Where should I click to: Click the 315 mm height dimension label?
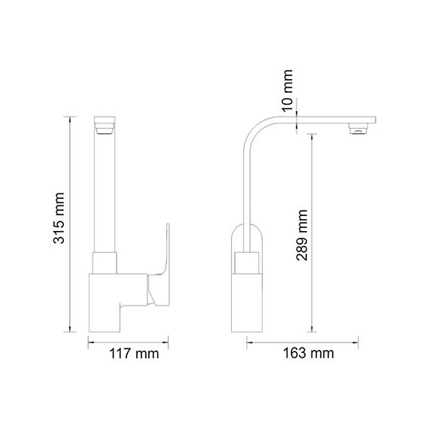(x=59, y=218)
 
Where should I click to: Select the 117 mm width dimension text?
(x=134, y=353)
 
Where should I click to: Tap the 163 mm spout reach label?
(x=309, y=353)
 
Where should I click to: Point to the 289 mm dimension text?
(x=302, y=235)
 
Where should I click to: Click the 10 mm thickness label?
(x=288, y=90)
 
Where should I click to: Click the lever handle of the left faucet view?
(x=161, y=271)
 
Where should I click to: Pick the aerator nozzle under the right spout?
(x=359, y=129)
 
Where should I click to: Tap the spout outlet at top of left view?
(x=105, y=126)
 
